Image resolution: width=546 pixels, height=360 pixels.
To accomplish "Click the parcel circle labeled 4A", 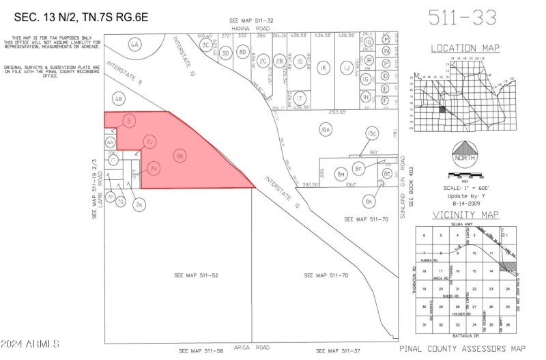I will [x=134, y=46].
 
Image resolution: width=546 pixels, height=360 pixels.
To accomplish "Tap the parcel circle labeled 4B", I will [x=119, y=100].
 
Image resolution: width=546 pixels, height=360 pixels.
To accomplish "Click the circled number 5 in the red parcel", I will [x=128, y=120].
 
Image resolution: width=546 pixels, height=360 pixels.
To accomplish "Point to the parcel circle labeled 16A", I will [x=326, y=128].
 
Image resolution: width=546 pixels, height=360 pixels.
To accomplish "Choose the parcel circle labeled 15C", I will [x=372, y=133].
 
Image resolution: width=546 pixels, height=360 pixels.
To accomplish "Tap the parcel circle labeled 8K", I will [x=369, y=202].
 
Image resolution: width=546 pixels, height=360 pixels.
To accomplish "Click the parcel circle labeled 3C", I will [x=205, y=45].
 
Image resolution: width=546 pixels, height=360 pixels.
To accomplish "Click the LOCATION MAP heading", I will [x=465, y=49].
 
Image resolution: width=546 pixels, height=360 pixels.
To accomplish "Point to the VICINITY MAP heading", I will [x=466, y=215].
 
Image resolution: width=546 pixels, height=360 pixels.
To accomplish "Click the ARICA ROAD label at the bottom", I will [x=253, y=348].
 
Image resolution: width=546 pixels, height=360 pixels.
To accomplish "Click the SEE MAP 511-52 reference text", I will [x=196, y=275].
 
